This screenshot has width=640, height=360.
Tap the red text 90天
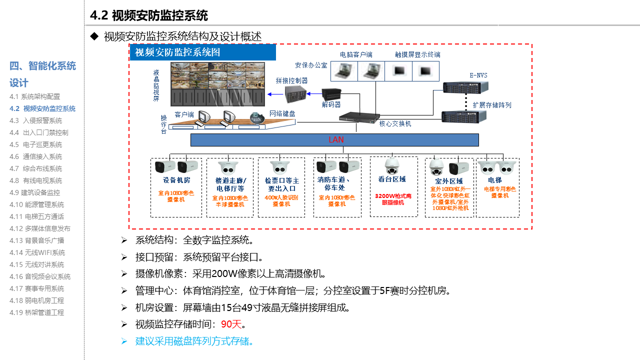coord(231,324)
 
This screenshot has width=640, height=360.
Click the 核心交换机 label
coord(395,123)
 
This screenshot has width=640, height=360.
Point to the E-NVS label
coord(478,75)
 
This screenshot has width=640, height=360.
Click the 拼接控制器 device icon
coord(295,94)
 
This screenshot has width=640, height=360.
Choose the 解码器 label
coord(331,104)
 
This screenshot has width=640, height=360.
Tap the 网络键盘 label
coord(282,113)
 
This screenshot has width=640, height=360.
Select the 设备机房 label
coord(176,180)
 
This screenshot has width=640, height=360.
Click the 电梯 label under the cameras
coord(495,180)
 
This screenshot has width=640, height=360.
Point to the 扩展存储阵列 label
coord(492,105)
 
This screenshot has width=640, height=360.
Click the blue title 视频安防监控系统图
coord(178,52)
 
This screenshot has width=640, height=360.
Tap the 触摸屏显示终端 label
coord(417,54)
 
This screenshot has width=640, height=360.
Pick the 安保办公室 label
coord(311,65)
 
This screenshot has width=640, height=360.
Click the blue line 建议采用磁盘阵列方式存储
coord(194,341)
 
